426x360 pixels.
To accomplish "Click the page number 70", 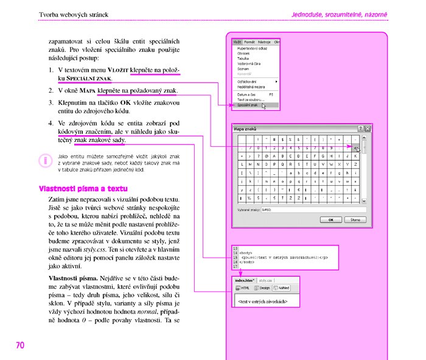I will click(20, 345).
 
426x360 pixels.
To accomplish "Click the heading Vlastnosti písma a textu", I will click(79, 188).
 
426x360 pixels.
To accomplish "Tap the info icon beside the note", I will click(44, 161).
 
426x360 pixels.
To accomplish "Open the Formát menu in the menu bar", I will click(250, 42).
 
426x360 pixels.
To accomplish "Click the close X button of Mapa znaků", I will click(368, 129).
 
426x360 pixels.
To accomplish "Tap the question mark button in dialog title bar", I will click(360, 129).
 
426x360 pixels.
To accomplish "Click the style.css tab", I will click(265, 280).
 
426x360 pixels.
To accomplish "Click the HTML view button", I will click(243, 288).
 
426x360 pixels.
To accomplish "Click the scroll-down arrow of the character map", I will click(364, 200).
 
